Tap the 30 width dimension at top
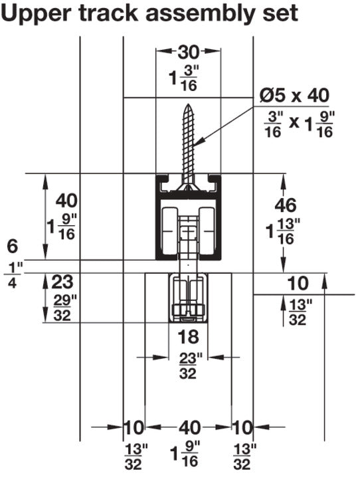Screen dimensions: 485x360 [x=189, y=52]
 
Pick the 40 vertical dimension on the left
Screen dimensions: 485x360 [x=66, y=200]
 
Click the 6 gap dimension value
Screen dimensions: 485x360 [x=12, y=246]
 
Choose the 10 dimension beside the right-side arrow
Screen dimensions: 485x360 [x=298, y=284]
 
